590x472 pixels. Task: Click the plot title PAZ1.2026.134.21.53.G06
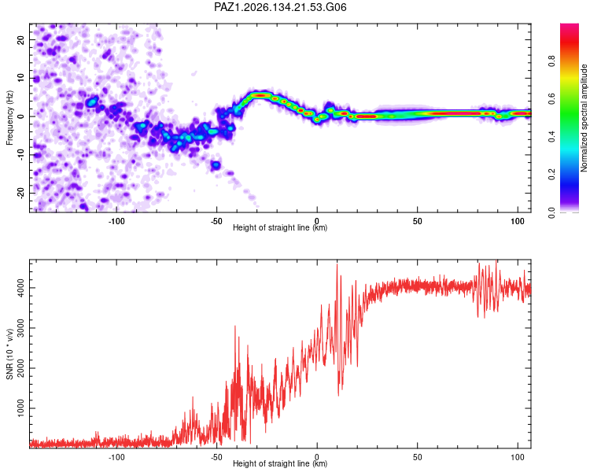tap(280, 7)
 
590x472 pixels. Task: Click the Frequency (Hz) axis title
tap(9, 118)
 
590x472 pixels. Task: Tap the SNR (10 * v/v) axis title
tap(9, 354)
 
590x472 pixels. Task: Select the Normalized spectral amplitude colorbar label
tap(584, 118)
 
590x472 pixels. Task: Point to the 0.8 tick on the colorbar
tap(551, 61)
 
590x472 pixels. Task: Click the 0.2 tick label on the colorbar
tap(551, 175)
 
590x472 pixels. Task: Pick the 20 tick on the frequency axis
tap(20, 39)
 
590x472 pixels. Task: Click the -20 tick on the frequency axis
tap(20, 192)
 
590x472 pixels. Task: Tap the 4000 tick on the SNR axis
tap(20, 288)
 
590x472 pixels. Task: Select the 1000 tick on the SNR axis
tap(20, 408)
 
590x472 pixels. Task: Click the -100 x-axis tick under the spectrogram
tap(116, 221)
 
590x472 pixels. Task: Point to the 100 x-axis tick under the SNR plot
tap(518, 457)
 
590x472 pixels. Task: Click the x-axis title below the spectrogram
tap(280, 227)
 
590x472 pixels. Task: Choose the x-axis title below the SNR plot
tap(280, 463)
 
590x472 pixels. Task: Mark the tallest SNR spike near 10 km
tap(337, 264)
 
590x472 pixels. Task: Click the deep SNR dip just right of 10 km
tap(338, 395)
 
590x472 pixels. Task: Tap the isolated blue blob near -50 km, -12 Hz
tap(216, 164)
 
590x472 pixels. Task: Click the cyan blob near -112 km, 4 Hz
tap(91, 101)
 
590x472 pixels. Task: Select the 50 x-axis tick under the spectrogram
tap(417, 221)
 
